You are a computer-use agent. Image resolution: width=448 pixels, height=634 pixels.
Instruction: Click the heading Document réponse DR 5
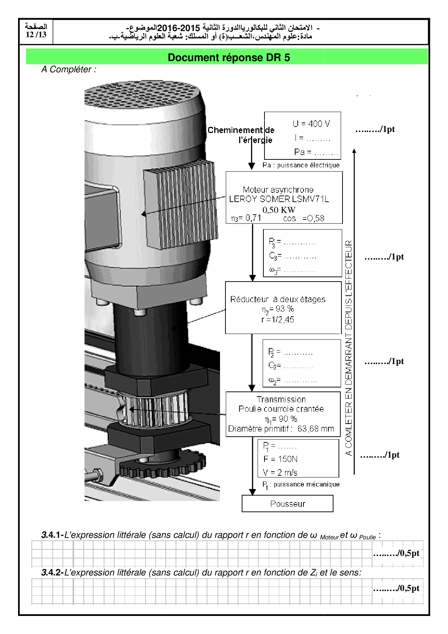coord(229,57)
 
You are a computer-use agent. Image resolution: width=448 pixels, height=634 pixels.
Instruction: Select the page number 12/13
coord(36,35)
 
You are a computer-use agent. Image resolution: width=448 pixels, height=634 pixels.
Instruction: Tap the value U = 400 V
coord(311,124)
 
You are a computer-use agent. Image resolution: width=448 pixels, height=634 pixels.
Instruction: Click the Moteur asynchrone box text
coord(279,194)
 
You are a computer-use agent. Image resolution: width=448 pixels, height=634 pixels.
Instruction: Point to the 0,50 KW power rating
coord(279,210)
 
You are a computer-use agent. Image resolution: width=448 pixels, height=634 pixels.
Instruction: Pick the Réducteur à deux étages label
coord(278,299)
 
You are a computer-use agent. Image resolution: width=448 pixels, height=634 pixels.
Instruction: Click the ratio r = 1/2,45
coord(278,320)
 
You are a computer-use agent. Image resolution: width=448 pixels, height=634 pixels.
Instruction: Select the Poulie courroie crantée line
coord(281,409)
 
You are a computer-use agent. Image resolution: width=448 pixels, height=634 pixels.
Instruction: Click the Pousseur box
coord(288,504)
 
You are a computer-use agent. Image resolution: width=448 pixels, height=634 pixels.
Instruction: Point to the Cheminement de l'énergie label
coord(241,135)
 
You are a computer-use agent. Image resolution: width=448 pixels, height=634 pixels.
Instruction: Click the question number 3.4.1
coord(52,535)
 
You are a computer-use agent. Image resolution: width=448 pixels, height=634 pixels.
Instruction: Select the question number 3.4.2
coord(52,573)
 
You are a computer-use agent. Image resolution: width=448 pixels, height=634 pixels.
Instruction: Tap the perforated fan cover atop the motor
coord(143,96)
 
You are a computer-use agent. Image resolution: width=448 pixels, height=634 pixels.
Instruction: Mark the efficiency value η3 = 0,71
coord(246,218)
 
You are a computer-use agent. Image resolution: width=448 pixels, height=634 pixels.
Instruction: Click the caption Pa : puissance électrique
coord(301,165)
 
